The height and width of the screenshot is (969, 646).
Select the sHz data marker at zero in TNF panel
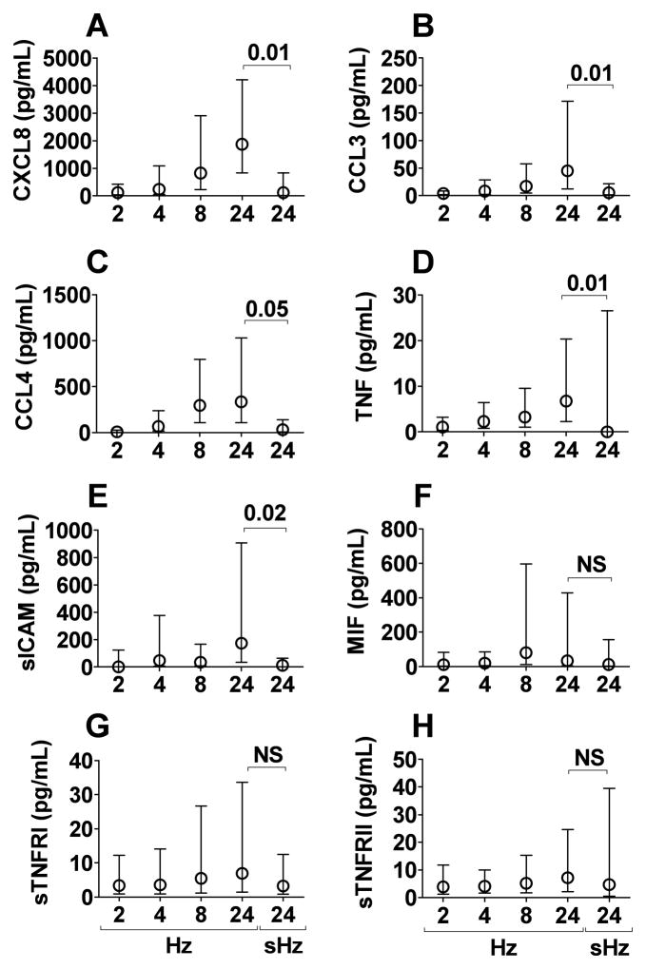point(605,432)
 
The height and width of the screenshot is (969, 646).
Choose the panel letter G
point(97,731)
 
